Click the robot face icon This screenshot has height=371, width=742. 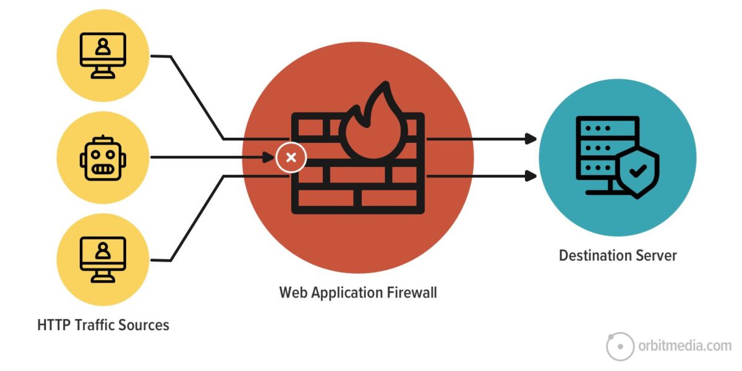[103, 158]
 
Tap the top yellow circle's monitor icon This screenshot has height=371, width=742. [103, 55]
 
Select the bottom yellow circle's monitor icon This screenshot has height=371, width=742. [103, 260]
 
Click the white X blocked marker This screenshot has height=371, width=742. [291, 157]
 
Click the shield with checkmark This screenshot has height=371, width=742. [638, 172]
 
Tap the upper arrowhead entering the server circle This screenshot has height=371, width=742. [531, 139]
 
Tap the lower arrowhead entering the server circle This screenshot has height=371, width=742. [531, 176]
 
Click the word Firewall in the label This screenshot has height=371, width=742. [411, 292]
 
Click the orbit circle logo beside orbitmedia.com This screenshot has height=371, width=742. [620, 346]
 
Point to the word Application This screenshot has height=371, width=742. [346, 292]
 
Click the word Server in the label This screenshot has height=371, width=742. [657, 255]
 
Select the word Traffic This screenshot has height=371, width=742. [95, 325]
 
